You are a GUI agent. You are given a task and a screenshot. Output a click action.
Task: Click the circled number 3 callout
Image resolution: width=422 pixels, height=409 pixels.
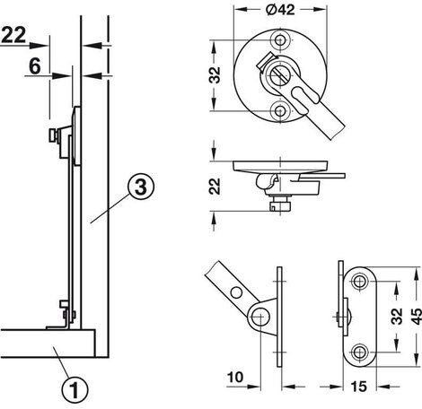coord(141,187)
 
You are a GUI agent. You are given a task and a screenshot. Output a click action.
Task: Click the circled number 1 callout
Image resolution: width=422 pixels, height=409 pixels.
coord(75,389)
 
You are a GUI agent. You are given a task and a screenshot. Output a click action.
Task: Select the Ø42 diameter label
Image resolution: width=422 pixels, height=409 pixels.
coord(280,10)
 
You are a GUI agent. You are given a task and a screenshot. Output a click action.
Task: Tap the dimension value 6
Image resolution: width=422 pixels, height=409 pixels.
coord(35,66)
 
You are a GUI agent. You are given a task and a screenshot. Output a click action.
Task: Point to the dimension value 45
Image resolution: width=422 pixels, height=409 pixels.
coord(416,317)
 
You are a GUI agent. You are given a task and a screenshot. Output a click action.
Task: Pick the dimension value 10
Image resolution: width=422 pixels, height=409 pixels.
coord(235,378)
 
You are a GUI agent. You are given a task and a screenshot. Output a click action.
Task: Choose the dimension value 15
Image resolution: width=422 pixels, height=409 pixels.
coord(358,387)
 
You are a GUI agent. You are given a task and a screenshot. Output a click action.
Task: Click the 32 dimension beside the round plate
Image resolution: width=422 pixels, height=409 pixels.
coord(215,74)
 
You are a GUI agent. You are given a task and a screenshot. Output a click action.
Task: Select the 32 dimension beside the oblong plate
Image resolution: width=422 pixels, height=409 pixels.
coord(397,317)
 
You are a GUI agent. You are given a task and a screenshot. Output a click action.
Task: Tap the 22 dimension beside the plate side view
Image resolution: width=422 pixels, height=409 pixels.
coord(215,187)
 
